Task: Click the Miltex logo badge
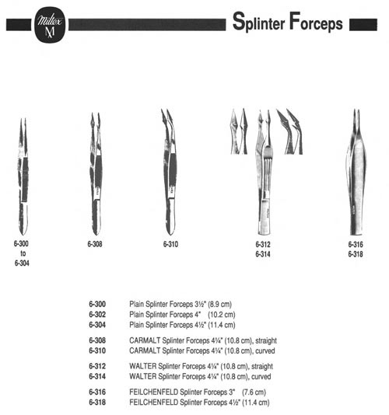click(50, 25)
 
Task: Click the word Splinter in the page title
click(258, 22)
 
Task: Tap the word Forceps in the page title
click(316, 22)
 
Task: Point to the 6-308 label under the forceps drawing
click(95, 244)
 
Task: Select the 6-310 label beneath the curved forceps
click(170, 244)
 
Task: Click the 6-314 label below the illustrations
click(263, 254)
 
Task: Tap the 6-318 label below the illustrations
click(356, 254)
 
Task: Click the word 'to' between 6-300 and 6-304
click(23, 253)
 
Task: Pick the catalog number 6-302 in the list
click(97, 315)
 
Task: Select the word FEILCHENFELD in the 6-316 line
click(154, 392)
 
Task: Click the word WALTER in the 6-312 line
click(143, 366)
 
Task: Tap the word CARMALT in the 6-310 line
click(145, 350)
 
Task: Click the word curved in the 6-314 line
click(261, 376)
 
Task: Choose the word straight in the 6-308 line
click(266, 340)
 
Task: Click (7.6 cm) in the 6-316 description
click(254, 392)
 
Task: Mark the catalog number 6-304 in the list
click(97, 325)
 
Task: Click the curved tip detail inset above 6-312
click(290, 131)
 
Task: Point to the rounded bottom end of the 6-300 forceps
click(23, 232)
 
